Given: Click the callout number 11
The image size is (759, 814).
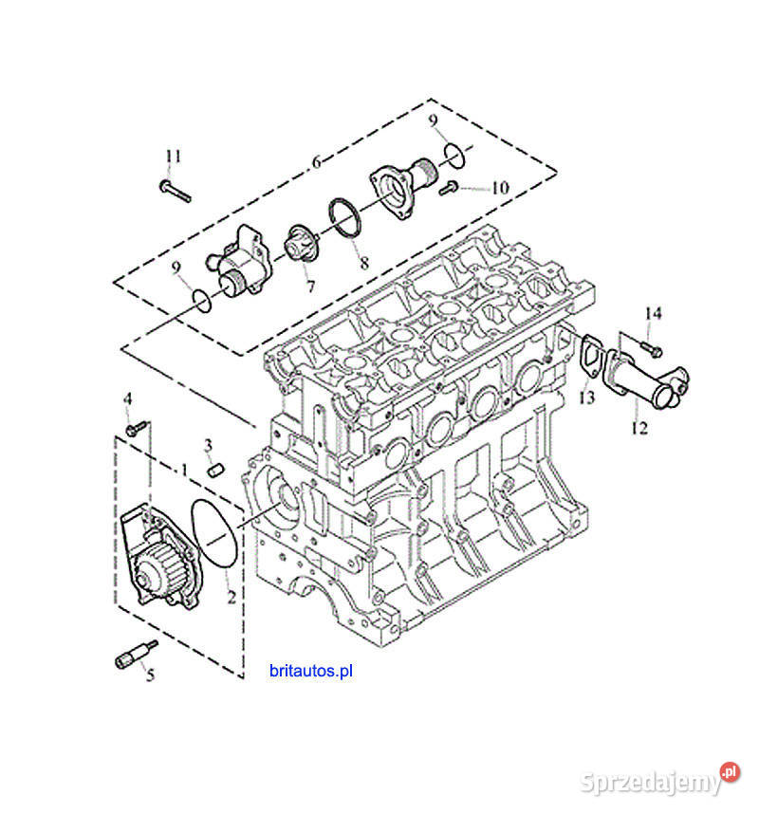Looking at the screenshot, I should [x=173, y=156].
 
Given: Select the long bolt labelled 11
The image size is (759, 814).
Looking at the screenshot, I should [x=176, y=191].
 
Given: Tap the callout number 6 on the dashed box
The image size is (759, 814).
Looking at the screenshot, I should [x=316, y=162].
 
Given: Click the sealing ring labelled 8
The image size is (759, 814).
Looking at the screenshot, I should [x=345, y=217].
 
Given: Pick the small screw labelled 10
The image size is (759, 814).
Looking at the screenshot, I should [x=451, y=188].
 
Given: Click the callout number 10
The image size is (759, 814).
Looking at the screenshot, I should [x=499, y=188].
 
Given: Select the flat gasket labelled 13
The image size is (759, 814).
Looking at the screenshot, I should [x=590, y=359].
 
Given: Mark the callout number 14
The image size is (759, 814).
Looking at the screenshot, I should [x=654, y=313].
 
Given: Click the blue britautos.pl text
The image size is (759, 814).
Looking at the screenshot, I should [x=311, y=670].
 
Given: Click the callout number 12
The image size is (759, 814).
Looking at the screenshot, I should [x=639, y=428].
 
